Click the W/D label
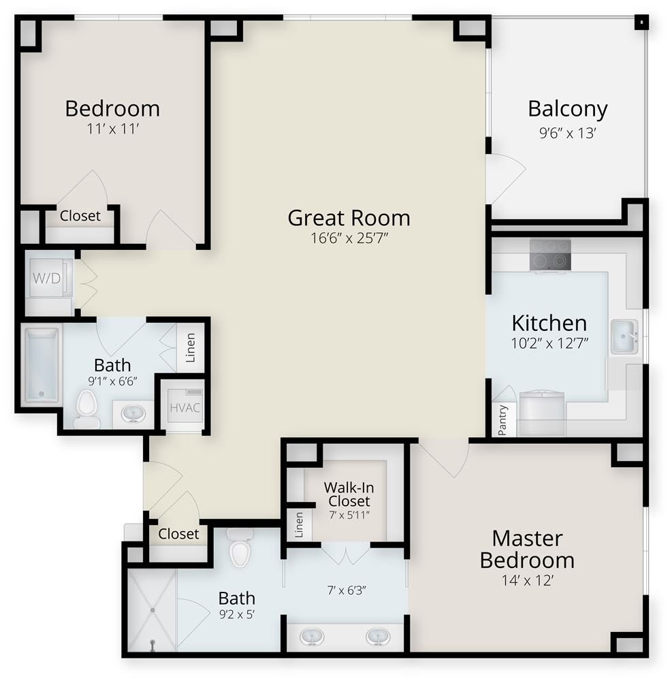tap(46, 278)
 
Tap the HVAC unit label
tap(185, 408)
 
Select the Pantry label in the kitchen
tap(502, 420)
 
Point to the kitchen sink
tap(625, 336)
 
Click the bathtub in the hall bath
tap(42, 365)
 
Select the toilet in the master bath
tap(240, 548)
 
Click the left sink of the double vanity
tap(312, 637)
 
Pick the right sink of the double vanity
tap(378, 637)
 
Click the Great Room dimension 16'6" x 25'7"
tap(349, 238)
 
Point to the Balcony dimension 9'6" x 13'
tap(567, 133)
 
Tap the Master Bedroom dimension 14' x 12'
tap(528, 580)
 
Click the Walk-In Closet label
tap(349, 494)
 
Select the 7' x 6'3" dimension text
tap(347, 590)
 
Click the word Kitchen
tap(549, 323)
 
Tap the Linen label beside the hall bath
tap(190, 347)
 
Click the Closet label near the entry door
tap(178, 534)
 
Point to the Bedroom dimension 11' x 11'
tap(112, 129)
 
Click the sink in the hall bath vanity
tap(133, 413)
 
